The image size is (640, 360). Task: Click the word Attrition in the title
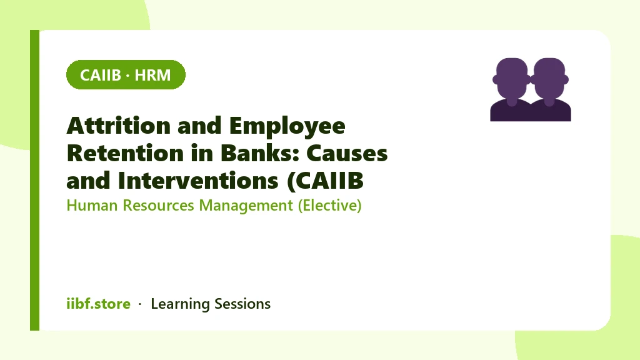pyautogui.click(x=118, y=126)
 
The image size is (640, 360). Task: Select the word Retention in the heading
pyautogui.click(x=125, y=154)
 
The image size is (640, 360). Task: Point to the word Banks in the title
pyautogui.click(x=260, y=154)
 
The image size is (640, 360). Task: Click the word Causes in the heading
pyautogui.click(x=347, y=154)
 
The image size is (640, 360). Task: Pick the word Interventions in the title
pyautogui.click(x=198, y=181)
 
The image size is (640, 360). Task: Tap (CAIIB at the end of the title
pyautogui.click(x=325, y=181)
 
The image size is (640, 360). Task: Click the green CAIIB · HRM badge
pyautogui.click(x=126, y=75)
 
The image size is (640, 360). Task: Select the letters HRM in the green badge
pyautogui.click(x=152, y=75)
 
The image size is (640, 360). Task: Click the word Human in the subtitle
pyautogui.click(x=92, y=205)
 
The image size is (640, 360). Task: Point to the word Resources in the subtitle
pyautogui.click(x=158, y=205)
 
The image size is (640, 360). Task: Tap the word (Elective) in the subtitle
pyautogui.click(x=330, y=206)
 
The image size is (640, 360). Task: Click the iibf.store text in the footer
pyautogui.click(x=98, y=304)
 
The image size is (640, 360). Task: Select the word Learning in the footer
pyautogui.click(x=180, y=304)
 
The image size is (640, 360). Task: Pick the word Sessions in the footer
pyautogui.click(x=242, y=304)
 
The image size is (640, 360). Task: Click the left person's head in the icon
pyautogui.click(x=512, y=77)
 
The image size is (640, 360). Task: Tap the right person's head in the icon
pyautogui.click(x=549, y=77)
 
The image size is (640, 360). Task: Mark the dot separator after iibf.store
pyautogui.click(x=140, y=304)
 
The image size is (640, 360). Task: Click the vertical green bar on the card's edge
pyautogui.click(x=35, y=180)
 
